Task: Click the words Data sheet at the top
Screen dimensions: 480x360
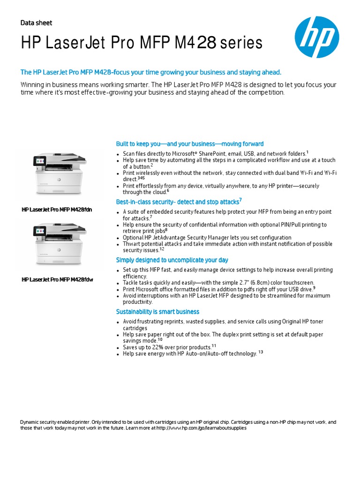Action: pyautogui.click(x=36, y=23)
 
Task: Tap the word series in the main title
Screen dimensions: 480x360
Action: pyautogui.click(x=242, y=44)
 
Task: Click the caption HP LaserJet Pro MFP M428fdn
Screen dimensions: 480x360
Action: pyautogui.click(x=57, y=210)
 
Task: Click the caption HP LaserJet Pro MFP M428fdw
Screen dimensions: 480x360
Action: pyautogui.click(x=57, y=280)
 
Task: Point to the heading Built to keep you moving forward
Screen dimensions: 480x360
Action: pyautogui.click(x=189, y=144)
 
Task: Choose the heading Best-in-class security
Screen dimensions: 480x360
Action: pyautogui.click(x=179, y=202)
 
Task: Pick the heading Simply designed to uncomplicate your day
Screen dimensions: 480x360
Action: pyautogui.click(x=172, y=260)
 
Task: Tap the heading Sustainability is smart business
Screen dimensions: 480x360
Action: pyautogui.click(x=157, y=312)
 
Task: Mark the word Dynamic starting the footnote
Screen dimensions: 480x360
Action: pyautogui.click(x=30, y=422)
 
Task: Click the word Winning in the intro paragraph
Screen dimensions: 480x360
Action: pyautogui.click(x=32, y=85)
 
